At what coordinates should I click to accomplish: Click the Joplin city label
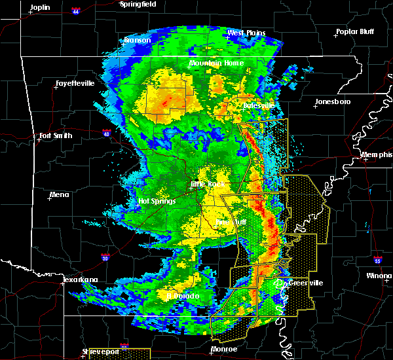40,7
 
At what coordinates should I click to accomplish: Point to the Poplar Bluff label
354,31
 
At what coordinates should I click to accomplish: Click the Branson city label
138,40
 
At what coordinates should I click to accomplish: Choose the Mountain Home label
216,63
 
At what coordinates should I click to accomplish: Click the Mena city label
59,194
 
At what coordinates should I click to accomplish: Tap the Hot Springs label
157,201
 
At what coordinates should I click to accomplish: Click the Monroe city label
225,350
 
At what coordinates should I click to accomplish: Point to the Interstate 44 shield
77,12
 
